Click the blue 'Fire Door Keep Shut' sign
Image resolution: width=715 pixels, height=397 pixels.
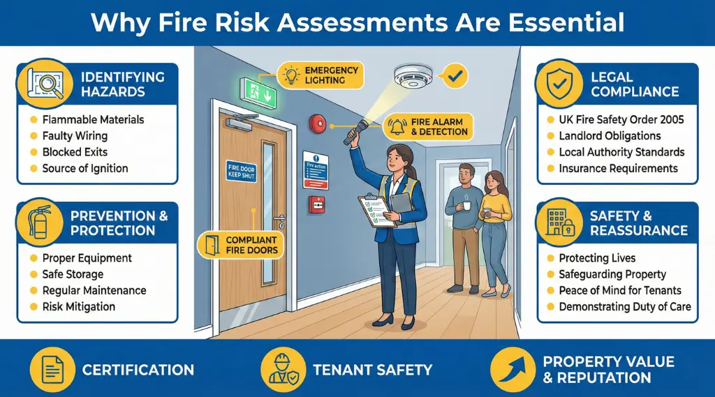click(x=241, y=172)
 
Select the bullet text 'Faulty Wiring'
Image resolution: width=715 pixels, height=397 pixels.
click(x=75, y=136)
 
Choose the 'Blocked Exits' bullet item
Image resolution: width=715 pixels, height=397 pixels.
click(x=75, y=152)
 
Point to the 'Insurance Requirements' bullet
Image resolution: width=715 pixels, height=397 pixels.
click(x=618, y=168)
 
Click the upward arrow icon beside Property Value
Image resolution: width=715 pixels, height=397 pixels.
click(x=514, y=369)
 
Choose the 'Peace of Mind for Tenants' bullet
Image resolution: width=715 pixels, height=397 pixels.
click(x=620, y=290)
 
